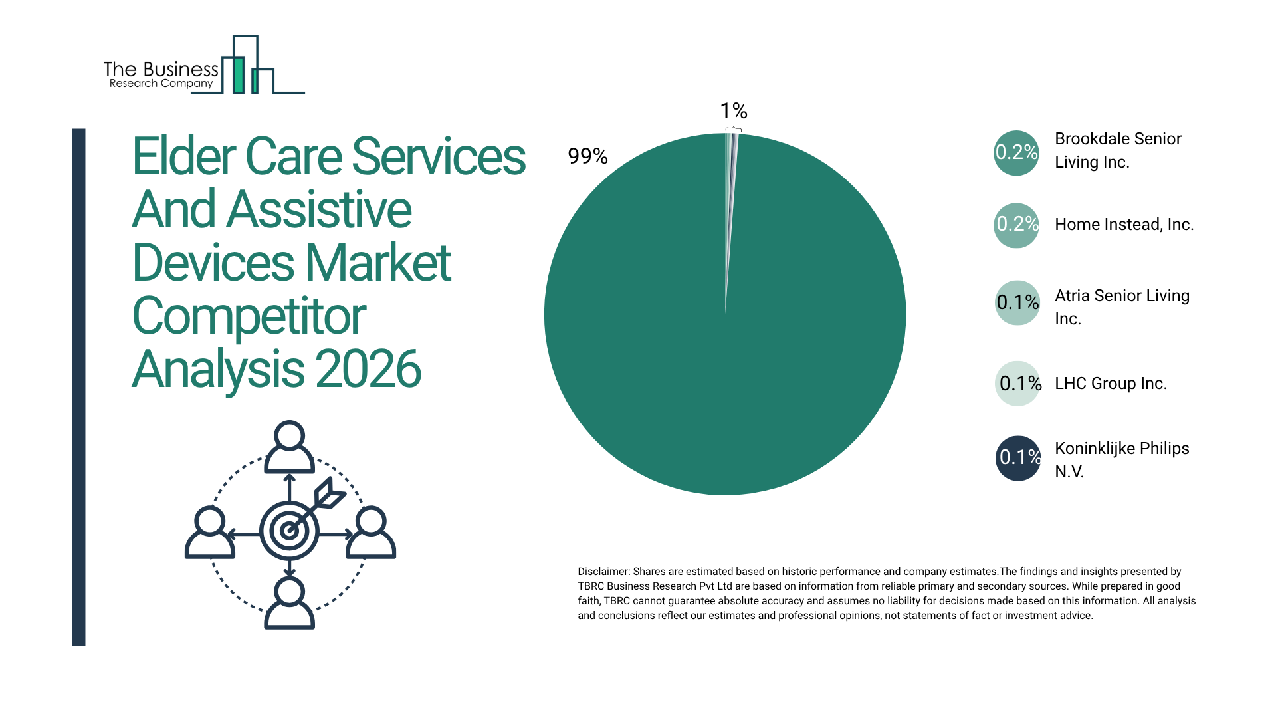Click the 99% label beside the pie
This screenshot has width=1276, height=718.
(587, 156)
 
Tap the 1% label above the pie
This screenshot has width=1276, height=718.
(734, 111)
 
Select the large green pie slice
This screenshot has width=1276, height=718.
(724, 346)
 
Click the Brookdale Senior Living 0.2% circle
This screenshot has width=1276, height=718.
(1016, 153)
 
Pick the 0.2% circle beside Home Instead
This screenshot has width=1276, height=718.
(1016, 225)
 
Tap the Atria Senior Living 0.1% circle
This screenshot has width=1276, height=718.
(1017, 303)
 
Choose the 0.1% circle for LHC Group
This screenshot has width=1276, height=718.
(1017, 384)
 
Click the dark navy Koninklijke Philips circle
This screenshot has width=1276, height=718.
(1017, 458)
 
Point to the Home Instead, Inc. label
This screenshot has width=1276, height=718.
(1124, 225)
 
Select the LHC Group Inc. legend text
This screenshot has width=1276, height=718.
(1111, 384)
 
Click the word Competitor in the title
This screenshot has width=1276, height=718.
(249, 316)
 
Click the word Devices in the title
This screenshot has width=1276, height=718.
(213, 263)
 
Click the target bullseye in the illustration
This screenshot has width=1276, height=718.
(289, 531)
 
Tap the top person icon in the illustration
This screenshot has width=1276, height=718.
(289, 446)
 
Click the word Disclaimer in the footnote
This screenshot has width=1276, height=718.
(603, 572)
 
